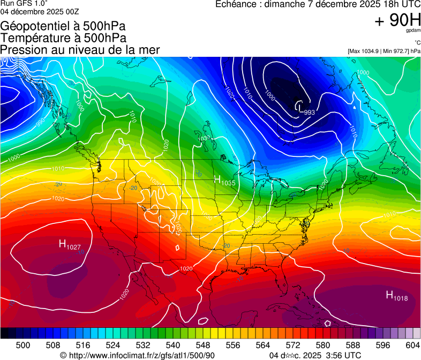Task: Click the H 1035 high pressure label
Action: point(224,181)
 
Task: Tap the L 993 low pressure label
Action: point(305,109)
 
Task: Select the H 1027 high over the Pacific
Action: point(70,245)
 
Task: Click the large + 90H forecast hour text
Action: point(398,21)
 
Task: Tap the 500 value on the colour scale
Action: point(23,344)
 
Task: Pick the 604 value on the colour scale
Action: point(412,344)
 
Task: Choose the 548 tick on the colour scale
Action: point(217,344)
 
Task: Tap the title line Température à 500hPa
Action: point(63,37)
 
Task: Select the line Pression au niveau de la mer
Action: point(80,50)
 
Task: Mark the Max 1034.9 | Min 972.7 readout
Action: point(384,51)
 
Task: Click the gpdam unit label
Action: point(413,31)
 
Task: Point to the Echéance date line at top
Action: point(318,4)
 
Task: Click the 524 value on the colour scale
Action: point(120,344)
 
